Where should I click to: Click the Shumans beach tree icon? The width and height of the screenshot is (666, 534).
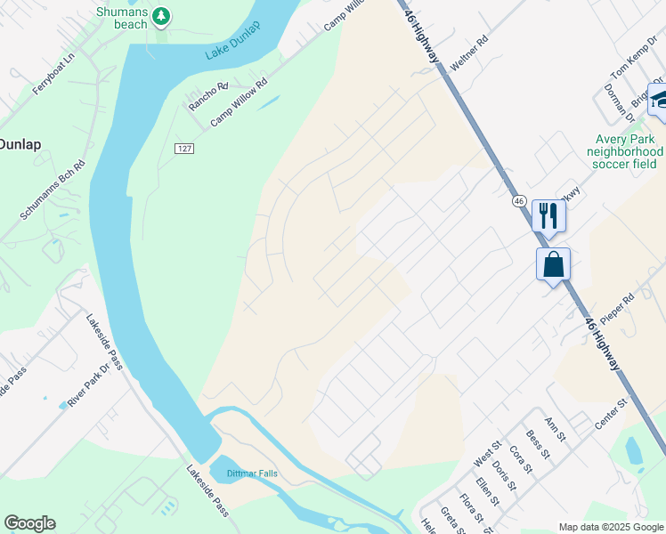160,16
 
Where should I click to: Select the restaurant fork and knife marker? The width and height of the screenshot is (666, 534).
548,215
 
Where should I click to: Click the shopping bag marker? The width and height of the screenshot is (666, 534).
553,263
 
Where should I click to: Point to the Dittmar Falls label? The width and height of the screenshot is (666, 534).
252,473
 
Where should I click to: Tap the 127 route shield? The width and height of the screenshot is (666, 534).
183,148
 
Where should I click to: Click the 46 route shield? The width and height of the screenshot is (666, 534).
519,201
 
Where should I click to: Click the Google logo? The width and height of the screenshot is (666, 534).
29,523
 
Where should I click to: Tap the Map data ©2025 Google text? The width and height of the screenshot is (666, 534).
610,527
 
